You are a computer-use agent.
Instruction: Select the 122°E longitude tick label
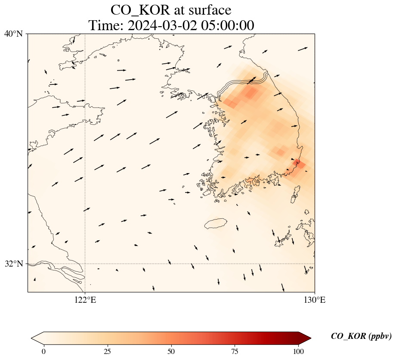pos(85,300)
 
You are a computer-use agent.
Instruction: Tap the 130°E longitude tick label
pos(315,300)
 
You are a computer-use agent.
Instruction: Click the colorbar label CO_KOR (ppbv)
pos(361,336)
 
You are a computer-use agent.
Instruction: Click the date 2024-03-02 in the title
pos(161,25)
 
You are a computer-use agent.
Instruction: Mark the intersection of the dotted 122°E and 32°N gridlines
pos(85,264)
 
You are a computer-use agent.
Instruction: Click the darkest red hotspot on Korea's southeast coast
pos(299,164)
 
